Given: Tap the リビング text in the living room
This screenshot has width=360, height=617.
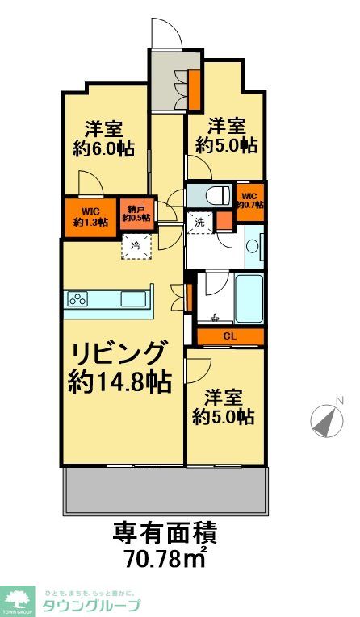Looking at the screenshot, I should pos(121,353).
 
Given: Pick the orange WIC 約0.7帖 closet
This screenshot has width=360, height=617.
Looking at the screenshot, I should pos(249,198).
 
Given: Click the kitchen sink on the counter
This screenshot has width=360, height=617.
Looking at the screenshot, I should pos(132,298).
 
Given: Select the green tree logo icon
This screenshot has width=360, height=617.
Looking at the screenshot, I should pos(18,598).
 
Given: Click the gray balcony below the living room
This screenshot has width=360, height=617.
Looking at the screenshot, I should pos(165,490).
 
